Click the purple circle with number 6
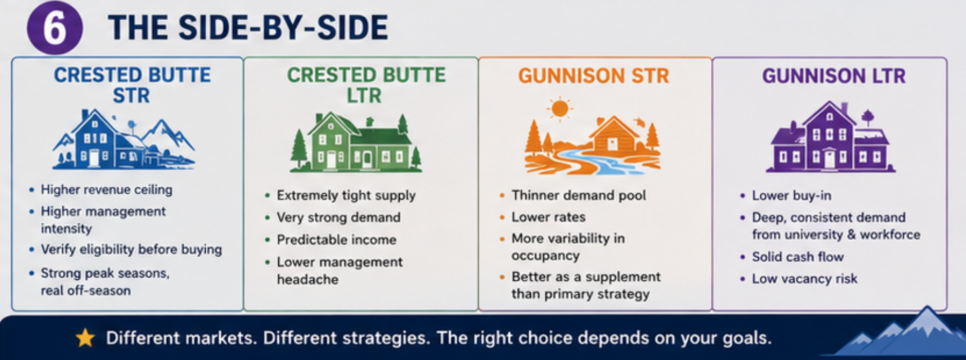[x=55, y=28]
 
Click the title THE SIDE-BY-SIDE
[x=248, y=28]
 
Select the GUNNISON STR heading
[x=594, y=76]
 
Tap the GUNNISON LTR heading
[x=834, y=76]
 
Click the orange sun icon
[x=560, y=109]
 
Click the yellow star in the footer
[x=85, y=338]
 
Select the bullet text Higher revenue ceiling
[x=106, y=190]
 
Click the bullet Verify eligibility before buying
[x=131, y=249]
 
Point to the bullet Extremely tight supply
[x=346, y=195]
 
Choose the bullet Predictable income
[x=336, y=240]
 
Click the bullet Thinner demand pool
[x=579, y=195]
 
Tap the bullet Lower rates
[x=548, y=217]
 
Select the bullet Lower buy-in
[x=792, y=195]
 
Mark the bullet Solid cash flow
[x=798, y=257]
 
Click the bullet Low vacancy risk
[x=804, y=279]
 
